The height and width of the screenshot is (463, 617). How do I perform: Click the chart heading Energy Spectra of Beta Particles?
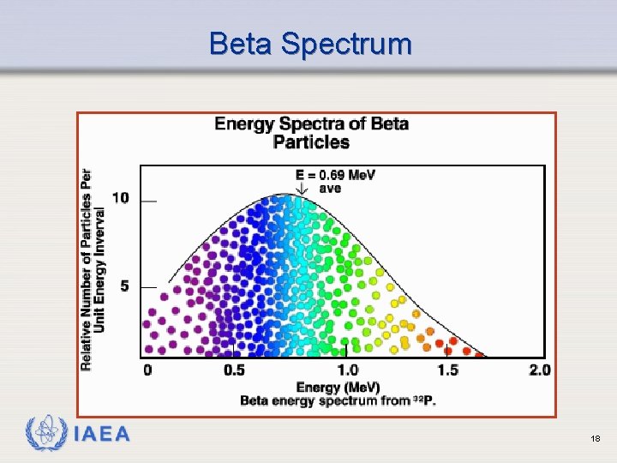point(311,132)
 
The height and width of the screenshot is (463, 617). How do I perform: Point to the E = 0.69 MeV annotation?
point(336,175)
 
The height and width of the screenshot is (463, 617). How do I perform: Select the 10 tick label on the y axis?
point(121,198)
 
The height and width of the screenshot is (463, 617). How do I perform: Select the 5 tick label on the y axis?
point(124,286)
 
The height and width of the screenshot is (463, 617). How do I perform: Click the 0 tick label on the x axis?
point(147,370)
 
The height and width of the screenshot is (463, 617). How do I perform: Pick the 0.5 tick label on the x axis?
point(234,370)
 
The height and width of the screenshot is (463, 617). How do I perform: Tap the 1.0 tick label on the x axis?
point(347,370)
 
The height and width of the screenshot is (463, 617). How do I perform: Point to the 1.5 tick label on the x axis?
point(447,370)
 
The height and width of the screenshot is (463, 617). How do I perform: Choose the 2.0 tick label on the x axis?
point(540,370)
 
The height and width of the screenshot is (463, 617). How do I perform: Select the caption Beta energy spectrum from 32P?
point(338,400)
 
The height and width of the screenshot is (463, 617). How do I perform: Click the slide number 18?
point(595,439)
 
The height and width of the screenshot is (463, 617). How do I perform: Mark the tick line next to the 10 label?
point(149,201)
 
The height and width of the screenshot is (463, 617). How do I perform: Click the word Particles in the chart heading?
point(311,142)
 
